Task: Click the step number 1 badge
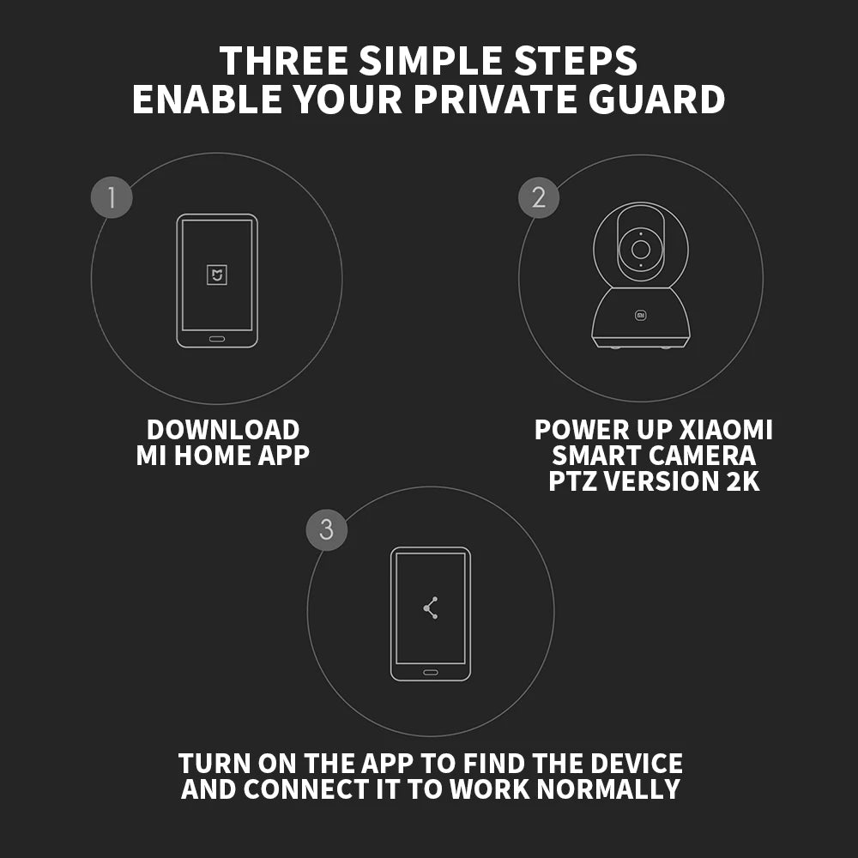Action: click(112, 197)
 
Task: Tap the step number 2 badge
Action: click(539, 197)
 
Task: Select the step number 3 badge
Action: click(327, 529)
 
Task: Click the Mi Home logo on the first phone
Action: click(217, 275)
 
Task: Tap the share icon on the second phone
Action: click(431, 608)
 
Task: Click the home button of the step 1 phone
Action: click(217, 339)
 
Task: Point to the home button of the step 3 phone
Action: click(431, 672)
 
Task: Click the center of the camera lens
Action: click(641, 250)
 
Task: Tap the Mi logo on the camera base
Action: click(641, 315)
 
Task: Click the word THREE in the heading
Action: click(284, 60)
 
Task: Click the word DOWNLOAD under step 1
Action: click(223, 430)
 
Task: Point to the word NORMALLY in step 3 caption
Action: click(608, 789)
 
